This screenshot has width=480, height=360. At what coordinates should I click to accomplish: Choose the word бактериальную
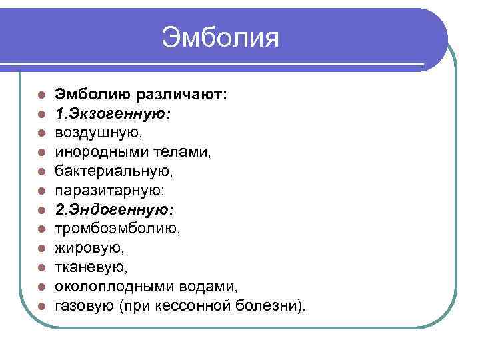(x=114, y=172)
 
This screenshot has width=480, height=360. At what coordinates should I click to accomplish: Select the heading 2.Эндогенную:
(x=114, y=211)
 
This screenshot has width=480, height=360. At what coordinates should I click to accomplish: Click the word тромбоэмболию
(x=116, y=229)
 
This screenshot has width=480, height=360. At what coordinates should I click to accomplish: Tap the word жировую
(x=88, y=249)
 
